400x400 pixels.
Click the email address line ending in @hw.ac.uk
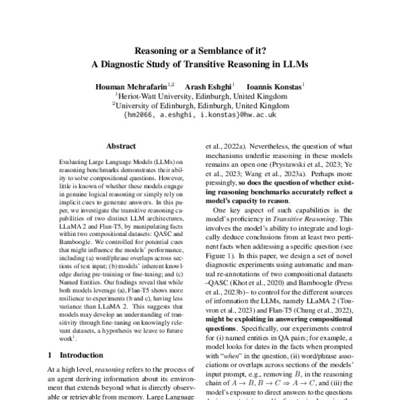coord(200,115)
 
